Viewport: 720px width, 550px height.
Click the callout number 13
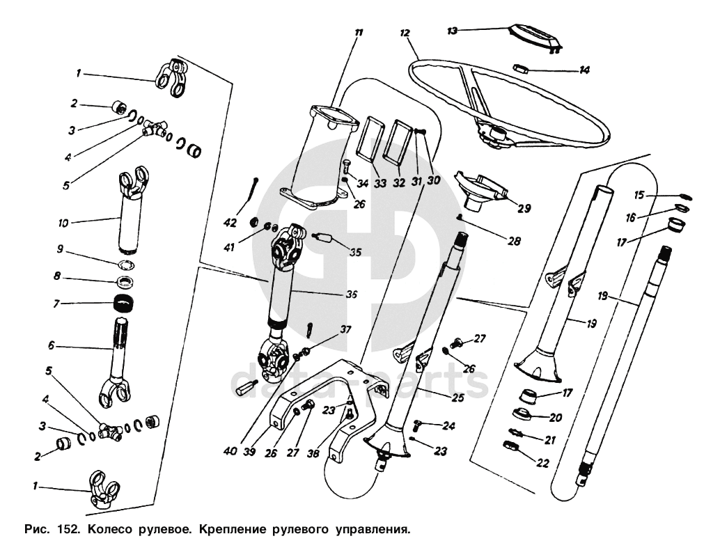(453, 31)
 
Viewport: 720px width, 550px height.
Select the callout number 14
(584, 70)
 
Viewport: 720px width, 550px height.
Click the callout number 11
(359, 33)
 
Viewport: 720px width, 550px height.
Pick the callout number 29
(524, 208)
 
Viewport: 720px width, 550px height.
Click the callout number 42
(230, 223)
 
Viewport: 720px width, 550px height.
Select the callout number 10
(63, 223)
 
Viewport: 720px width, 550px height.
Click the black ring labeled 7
(125, 304)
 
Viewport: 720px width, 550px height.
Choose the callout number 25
(457, 398)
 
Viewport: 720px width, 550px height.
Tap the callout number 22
(542, 463)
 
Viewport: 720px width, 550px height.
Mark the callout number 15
(639, 195)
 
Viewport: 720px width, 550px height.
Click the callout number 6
(51, 345)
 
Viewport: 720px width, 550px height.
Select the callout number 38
(313, 454)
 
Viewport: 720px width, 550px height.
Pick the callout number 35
(355, 252)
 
